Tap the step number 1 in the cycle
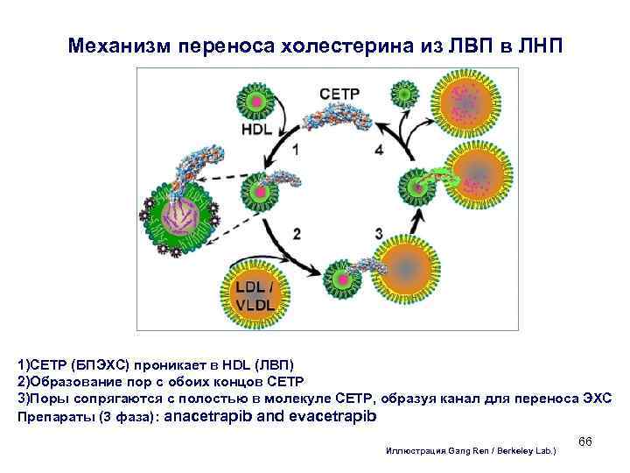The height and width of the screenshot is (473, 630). pos(295,150)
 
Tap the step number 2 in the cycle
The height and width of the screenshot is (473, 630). pos(297,233)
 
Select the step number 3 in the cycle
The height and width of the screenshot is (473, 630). pos(378,233)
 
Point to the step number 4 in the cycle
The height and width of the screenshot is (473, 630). pos(378,150)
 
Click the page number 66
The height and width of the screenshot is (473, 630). pos(585,441)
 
